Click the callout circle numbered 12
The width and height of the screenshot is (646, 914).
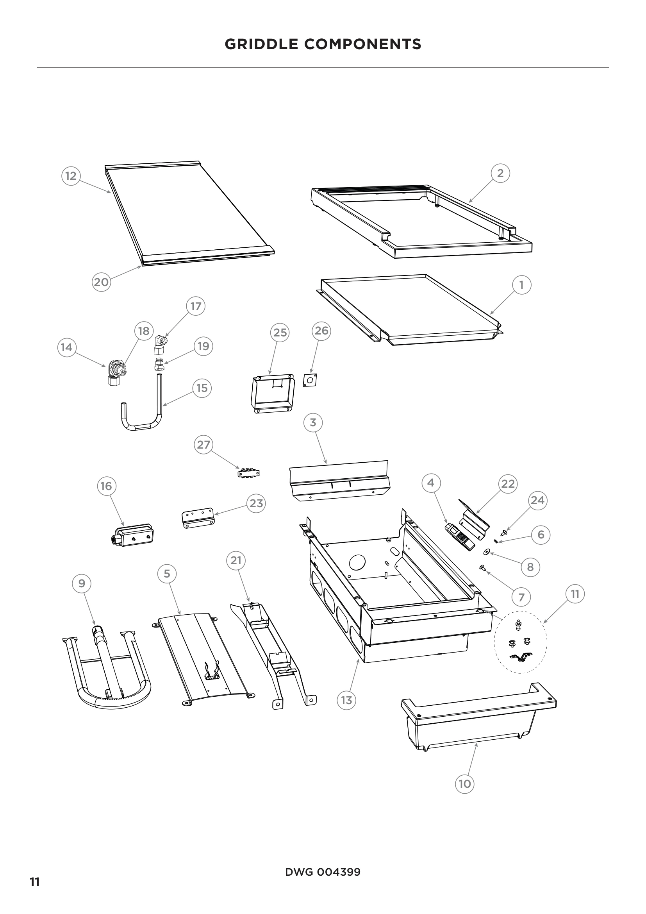pos(71,175)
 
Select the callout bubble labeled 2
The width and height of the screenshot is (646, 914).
pos(500,173)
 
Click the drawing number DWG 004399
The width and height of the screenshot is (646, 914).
pos(323,872)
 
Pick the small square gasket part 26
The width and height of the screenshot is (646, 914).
pos(310,380)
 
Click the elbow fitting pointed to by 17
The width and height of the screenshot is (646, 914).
pos(161,343)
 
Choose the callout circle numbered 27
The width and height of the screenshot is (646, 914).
pos(203,444)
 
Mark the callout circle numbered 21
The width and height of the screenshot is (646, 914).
pos(236,560)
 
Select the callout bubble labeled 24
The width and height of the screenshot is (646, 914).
pos(538,500)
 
